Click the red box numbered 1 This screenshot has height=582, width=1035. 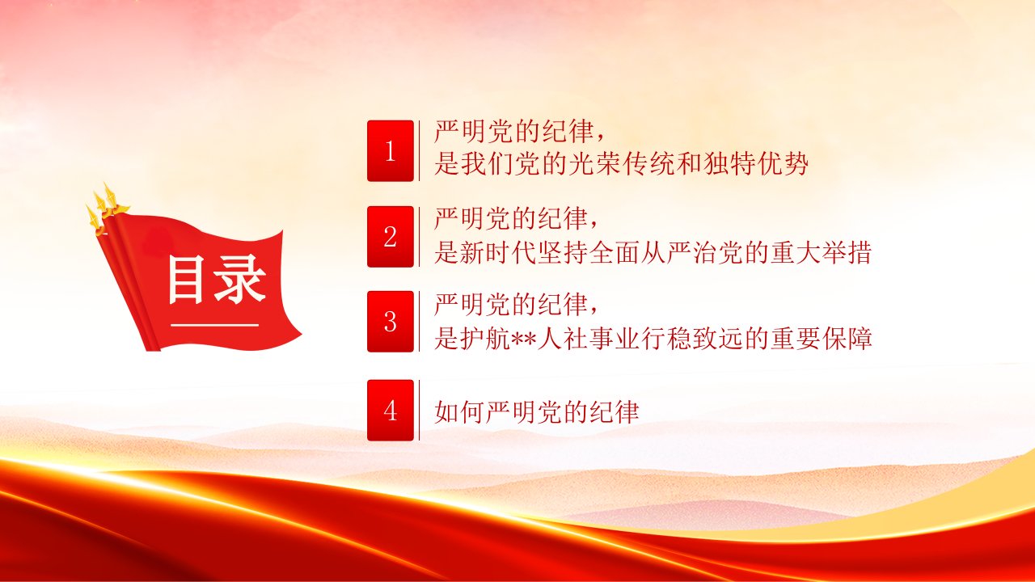coord(391,151)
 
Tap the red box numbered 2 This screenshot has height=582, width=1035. coord(391,237)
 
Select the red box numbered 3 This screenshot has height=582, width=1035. coord(391,322)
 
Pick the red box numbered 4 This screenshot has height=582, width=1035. coord(391,410)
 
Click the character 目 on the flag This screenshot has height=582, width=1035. coord(186,280)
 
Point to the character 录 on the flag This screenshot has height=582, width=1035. coord(239,280)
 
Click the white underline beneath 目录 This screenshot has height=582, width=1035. coord(215,325)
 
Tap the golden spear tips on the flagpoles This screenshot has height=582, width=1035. coord(105,208)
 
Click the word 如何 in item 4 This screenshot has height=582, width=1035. coord(458,412)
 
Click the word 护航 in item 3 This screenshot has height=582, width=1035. coord(485,339)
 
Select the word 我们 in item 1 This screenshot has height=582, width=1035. coord(486,164)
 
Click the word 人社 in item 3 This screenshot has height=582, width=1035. coord(562,339)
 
